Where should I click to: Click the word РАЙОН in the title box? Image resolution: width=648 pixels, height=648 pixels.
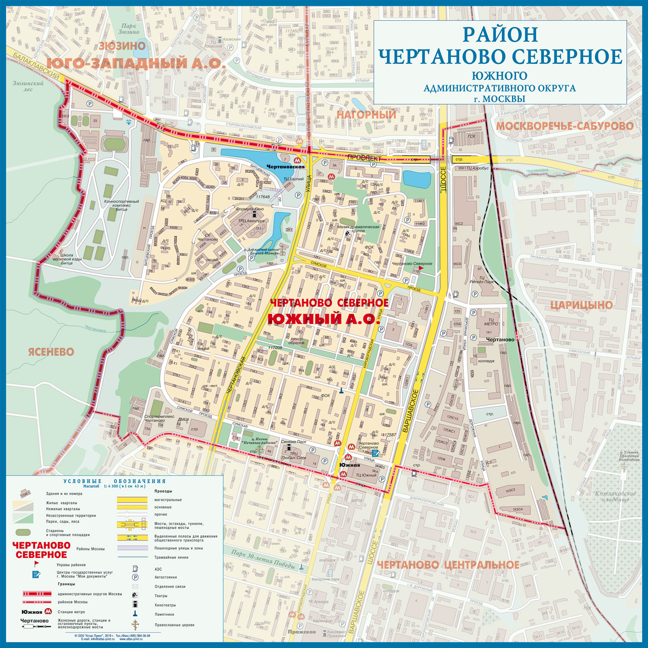[x=500, y=35]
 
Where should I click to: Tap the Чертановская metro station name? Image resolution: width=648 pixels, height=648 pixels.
[x=286, y=167]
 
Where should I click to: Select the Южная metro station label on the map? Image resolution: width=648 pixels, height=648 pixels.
[x=349, y=465]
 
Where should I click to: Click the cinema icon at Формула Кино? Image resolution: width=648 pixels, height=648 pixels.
[x=254, y=215]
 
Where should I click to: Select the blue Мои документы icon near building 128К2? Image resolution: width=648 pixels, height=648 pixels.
[x=375, y=453]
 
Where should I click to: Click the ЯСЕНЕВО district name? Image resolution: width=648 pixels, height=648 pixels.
[x=51, y=352]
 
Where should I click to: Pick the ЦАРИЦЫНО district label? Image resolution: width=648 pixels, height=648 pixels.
[x=581, y=305]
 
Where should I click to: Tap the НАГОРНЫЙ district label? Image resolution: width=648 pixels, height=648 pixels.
[x=366, y=114]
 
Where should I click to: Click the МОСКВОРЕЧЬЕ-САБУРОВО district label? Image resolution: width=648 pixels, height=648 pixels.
[x=565, y=126]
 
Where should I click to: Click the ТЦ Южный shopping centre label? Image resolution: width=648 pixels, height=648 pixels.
[x=366, y=475]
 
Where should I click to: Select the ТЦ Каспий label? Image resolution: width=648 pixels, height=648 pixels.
[x=293, y=179]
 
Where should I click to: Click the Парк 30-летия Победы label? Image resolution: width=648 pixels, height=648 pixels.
[x=263, y=559]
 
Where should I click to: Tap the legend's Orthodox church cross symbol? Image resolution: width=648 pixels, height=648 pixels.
[x=135, y=625]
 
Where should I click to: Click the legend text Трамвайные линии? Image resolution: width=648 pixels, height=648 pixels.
[x=172, y=557]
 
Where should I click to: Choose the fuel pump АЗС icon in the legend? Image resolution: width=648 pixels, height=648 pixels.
[x=135, y=569]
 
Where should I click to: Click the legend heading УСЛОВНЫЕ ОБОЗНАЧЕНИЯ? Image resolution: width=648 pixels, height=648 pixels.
[x=114, y=481]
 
